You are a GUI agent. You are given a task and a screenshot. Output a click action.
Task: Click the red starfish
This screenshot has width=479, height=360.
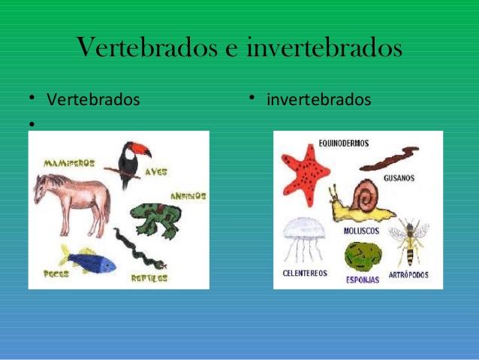(x=306, y=175)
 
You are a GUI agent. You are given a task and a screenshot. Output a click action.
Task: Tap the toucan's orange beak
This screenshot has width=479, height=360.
(x=141, y=149)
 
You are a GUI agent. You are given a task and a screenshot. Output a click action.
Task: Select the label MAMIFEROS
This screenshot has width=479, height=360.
(x=69, y=163)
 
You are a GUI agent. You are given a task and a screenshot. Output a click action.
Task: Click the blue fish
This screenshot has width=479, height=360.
(x=89, y=261)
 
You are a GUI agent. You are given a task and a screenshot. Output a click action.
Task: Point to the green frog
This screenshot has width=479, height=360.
(x=156, y=219)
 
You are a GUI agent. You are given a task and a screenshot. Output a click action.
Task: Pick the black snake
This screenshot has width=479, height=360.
(x=139, y=250)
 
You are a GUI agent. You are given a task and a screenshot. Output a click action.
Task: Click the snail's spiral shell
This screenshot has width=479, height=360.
(x=364, y=195)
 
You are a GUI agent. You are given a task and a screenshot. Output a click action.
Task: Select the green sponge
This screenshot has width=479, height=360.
(x=363, y=256)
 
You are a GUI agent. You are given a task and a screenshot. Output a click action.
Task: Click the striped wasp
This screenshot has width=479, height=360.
(x=408, y=241)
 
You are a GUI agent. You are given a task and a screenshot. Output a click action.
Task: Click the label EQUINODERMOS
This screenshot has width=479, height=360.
(x=344, y=143)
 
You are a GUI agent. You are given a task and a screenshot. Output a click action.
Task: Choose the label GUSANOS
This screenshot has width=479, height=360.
(x=399, y=178)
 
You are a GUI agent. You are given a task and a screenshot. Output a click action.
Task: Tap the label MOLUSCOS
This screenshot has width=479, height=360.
(x=361, y=231)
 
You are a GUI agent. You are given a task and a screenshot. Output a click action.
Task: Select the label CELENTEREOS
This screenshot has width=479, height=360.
(x=305, y=273)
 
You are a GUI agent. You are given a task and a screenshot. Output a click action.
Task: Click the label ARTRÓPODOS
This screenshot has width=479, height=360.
(x=408, y=274)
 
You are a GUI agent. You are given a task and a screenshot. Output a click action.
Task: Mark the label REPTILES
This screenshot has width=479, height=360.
(x=149, y=278)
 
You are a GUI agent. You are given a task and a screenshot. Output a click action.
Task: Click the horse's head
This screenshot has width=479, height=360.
(x=42, y=188)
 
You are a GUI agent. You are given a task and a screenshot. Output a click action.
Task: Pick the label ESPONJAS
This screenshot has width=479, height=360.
(x=363, y=280)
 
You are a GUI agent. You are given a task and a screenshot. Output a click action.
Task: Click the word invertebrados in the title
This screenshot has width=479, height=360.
(x=324, y=47)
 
